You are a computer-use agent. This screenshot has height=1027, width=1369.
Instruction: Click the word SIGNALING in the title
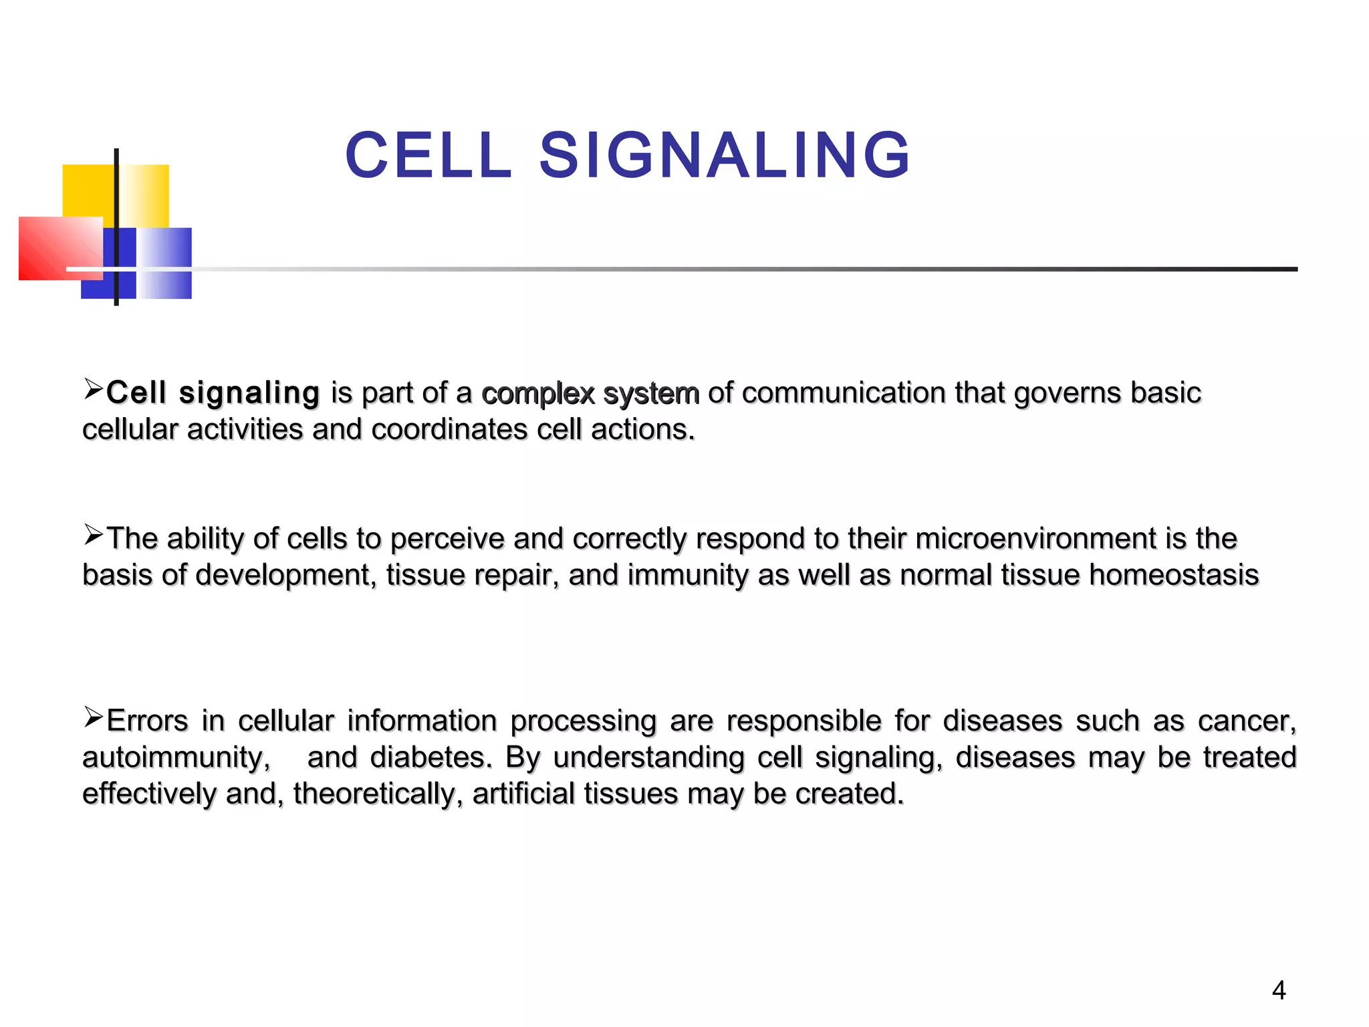(725, 156)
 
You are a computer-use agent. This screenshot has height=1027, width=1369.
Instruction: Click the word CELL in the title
(428, 156)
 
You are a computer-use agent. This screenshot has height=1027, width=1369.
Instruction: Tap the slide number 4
(1279, 990)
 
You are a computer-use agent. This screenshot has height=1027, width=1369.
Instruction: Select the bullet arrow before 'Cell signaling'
(93, 388)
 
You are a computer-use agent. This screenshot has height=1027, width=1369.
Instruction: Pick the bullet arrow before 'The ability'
(93, 534)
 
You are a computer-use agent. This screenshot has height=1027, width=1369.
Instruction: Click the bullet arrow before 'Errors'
(93, 717)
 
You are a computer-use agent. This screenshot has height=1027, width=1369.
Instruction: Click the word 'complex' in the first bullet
(538, 393)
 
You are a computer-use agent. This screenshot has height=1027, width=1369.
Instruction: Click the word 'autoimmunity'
(176, 758)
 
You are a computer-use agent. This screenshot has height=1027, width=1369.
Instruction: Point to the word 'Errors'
(147, 721)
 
